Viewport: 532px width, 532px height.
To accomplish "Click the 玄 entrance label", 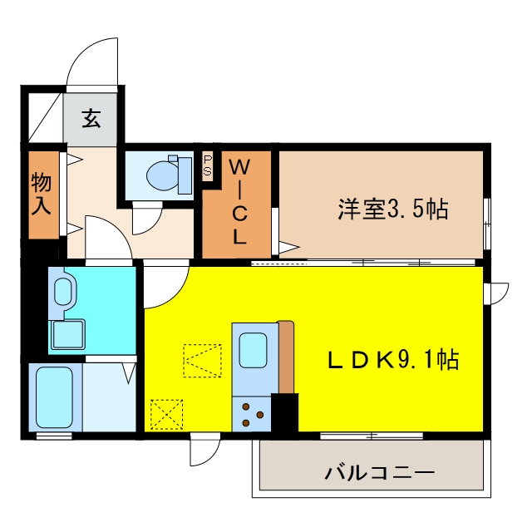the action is pyautogui.click(x=91, y=118).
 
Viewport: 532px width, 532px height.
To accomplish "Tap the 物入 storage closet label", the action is pyautogui.click(x=42, y=194).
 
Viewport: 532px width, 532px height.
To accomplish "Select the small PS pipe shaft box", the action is pyautogui.click(x=208, y=165).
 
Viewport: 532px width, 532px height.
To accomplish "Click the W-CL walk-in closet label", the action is pyautogui.click(x=239, y=202).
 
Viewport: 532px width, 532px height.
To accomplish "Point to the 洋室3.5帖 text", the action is pyautogui.click(x=393, y=209).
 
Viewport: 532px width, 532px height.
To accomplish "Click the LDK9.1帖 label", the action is pyautogui.click(x=393, y=359).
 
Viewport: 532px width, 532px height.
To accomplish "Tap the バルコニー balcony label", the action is pyautogui.click(x=380, y=473).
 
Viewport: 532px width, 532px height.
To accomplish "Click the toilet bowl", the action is pyautogui.click(x=163, y=175).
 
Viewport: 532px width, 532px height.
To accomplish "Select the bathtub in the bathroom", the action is pyautogui.click(x=55, y=397).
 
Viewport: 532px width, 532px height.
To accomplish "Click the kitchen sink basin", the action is pyautogui.click(x=253, y=350).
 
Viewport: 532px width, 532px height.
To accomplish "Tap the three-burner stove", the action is pyautogui.click(x=252, y=414).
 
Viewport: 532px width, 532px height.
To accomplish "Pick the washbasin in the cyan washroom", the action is pyautogui.click(x=63, y=292).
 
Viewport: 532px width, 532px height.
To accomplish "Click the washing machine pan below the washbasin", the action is pyautogui.click(x=68, y=334).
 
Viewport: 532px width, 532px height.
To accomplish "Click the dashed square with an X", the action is pyautogui.click(x=166, y=415).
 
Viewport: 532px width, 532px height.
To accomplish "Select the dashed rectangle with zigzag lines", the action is pyautogui.click(x=202, y=361).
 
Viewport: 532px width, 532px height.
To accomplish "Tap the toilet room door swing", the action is pyautogui.click(x=147, y=219).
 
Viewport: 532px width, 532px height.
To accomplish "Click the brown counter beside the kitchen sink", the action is pyautogui.click(x=286, y=357).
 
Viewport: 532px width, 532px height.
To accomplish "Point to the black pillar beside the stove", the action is pyautogui.click(x=284, y=412).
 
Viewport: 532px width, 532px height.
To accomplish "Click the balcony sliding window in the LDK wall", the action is pyautogui.click(x=372, y=436).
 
